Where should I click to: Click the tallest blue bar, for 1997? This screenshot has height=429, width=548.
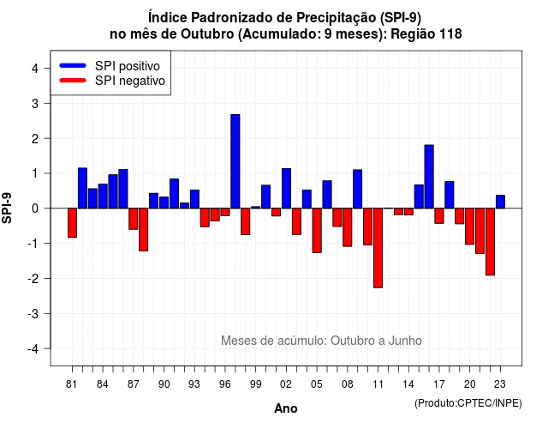click(235, 161)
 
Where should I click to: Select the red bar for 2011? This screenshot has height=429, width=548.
click(378, 248)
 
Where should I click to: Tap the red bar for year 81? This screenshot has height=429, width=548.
click(72, 223)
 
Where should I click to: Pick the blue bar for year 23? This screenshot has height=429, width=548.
click(500, 202)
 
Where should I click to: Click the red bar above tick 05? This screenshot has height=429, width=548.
click(317, 231)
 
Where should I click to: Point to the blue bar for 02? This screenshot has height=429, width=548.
click(286, 189)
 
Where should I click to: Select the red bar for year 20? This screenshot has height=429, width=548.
click(470, 227)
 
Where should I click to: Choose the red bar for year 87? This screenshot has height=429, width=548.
click(134, 219)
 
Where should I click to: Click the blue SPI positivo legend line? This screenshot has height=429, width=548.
click(73, 65)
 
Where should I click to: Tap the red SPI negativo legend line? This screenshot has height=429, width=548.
click(73, 81)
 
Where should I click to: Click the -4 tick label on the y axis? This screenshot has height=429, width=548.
click(33, 349)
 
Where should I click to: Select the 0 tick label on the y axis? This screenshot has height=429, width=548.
click(35, 208)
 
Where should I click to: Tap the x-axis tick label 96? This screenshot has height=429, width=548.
click(224, 384)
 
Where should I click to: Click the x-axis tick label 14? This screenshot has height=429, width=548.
click(408, 384)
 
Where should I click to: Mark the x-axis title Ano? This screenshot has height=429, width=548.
click(286, 408)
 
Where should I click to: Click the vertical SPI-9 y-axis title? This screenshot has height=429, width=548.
click(7, 208)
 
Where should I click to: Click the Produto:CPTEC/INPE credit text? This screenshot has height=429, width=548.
click(468, 403)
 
